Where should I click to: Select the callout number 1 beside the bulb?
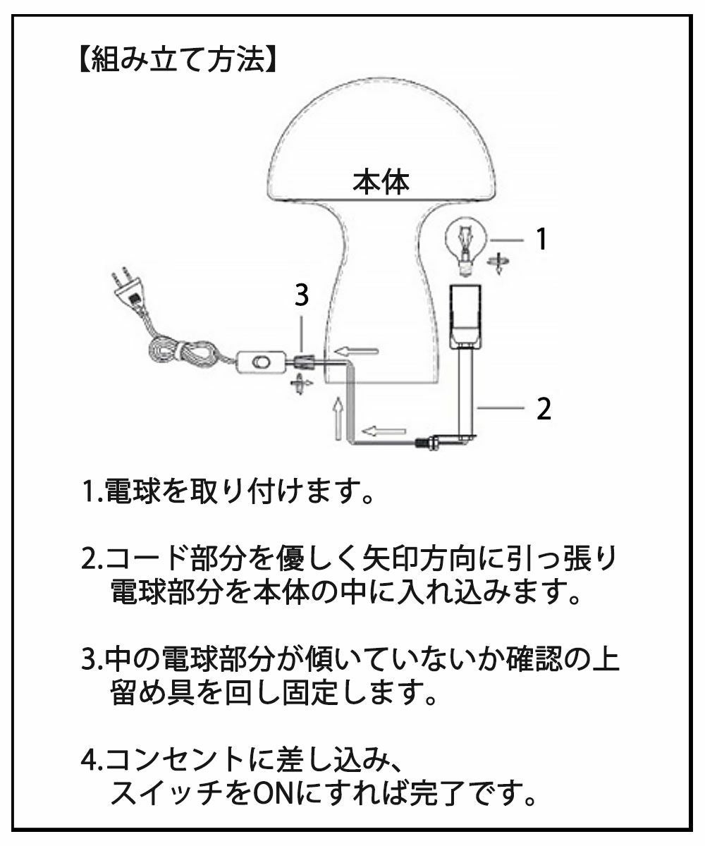pos(541,239)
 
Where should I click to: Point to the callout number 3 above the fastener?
pos(302,295)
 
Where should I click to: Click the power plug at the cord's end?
pos(127,288)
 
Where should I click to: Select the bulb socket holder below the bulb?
pos(466,317)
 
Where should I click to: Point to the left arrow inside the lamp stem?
pos(358,351)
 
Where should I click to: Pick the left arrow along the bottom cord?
pos(384,431)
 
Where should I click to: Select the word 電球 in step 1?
pos(130,491)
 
